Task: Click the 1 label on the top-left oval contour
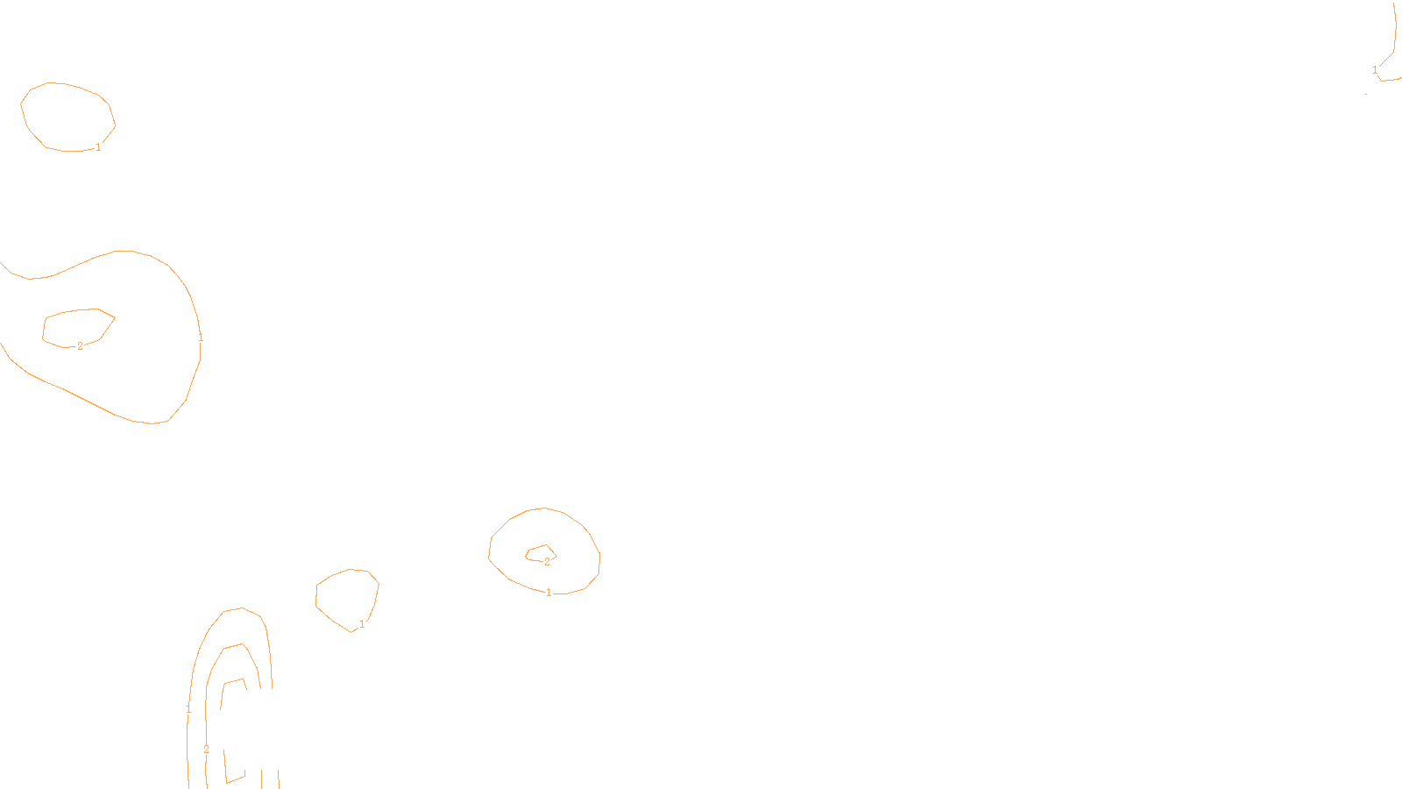[x=98, y=147]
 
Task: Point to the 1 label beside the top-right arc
[x=1375, y=70]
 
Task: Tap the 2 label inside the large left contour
[x=80, y=346]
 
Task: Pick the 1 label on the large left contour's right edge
[x=201, y=337]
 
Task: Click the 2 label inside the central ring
[x=547, y=562]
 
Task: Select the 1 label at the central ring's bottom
[x=549, y=593]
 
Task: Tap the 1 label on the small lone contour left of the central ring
[x=362, y=624]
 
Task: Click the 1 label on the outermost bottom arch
[x=188, y=708]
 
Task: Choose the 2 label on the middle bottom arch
[x=206, y=750]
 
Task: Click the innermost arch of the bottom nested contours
[x=223, y=701]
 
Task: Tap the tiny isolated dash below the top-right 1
[x=1366, y=94]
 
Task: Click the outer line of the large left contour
[x=123, y=252]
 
